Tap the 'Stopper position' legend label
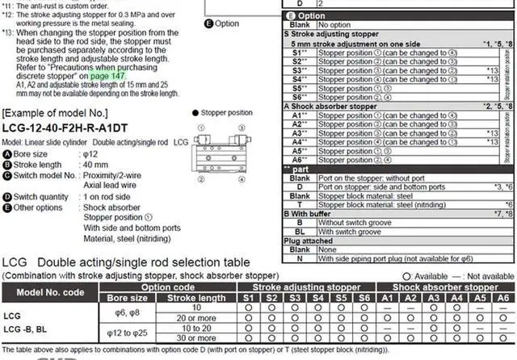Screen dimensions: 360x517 [x=226, y=113]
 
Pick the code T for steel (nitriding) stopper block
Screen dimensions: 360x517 [x=299, y=182]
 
